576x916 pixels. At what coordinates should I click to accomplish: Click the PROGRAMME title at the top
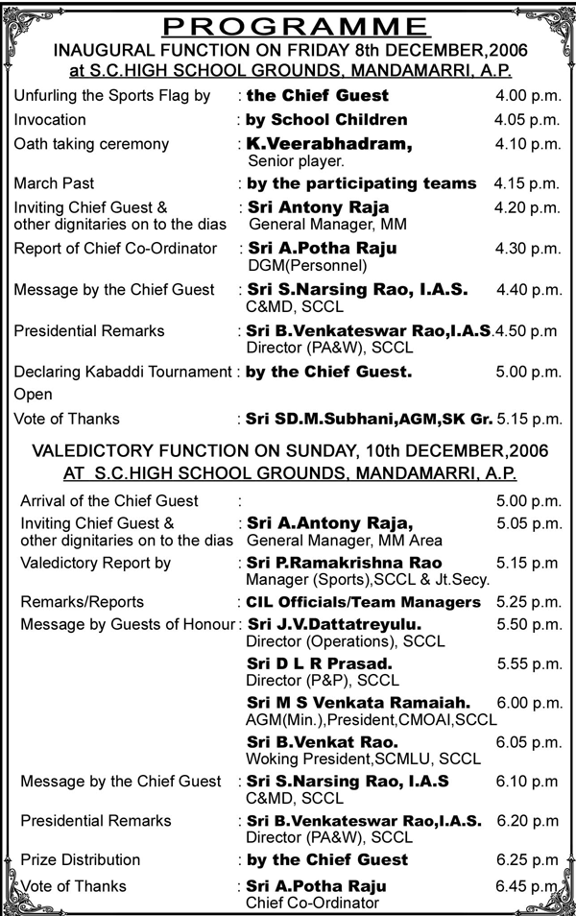[288, 25]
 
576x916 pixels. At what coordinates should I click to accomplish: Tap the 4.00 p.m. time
[527, 96]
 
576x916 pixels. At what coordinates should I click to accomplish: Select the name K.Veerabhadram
[329, 143]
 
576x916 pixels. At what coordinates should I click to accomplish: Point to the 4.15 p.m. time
[527, 182]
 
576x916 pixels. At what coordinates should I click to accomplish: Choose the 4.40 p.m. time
[528, 289]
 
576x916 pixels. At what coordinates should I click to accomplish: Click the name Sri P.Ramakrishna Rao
[345, 563]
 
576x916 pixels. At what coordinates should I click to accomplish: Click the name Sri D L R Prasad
[321, 664]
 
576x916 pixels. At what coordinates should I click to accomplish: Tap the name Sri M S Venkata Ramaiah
[358, 703]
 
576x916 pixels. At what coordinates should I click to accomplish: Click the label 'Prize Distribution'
[84, 859]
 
